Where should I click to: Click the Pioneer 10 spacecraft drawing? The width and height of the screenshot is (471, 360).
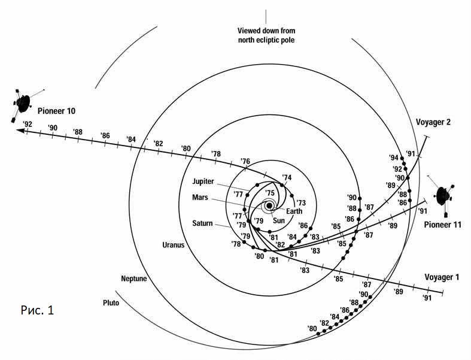pos(23,104)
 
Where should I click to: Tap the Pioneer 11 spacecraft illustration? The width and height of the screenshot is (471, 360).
pos(442,196)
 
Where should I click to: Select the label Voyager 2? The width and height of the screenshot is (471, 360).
pos(433,122)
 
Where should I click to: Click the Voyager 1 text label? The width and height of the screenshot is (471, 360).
pos(442,277)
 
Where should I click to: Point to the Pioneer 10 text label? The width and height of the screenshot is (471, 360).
pos(56,111)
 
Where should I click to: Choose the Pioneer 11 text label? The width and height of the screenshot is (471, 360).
pos(442,225)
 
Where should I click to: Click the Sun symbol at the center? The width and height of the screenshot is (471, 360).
pos(269,205)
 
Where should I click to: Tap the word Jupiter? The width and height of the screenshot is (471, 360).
pos(203,181)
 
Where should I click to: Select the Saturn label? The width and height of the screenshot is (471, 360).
pos(202,223)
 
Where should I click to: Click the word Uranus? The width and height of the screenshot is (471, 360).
pos(174,245)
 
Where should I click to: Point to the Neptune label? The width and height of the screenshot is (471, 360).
pos(134,279)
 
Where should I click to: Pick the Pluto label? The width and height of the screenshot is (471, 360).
pos(111,302)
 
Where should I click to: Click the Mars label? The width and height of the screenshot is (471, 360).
pos(200,198)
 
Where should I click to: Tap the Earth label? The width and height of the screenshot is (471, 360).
pos(294,211)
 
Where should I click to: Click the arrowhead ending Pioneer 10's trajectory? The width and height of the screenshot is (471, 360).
pos(20,131)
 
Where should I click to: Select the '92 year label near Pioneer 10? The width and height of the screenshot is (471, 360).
pos(28,123)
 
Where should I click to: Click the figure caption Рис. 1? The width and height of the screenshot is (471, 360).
pos(37,310)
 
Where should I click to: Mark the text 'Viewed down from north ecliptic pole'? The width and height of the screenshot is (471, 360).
pos(266,35)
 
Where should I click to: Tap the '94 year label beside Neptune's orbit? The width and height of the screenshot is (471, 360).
pos(394,158)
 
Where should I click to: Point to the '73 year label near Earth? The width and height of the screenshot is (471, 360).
pos(301,202)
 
